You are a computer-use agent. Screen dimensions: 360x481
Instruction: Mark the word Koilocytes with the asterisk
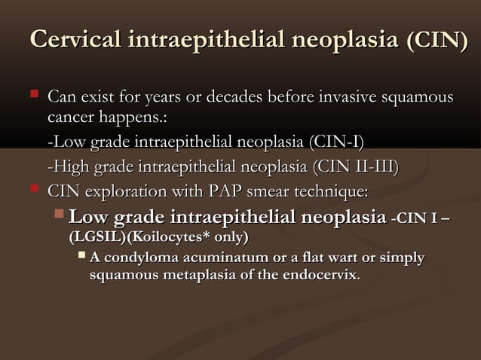tap(164, 237)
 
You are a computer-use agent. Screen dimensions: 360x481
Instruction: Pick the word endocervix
tap(323, 276)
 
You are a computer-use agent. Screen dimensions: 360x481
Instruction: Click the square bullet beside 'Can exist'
tap(32, 96)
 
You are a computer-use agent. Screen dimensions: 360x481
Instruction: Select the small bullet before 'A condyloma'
tap(81, 257)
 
